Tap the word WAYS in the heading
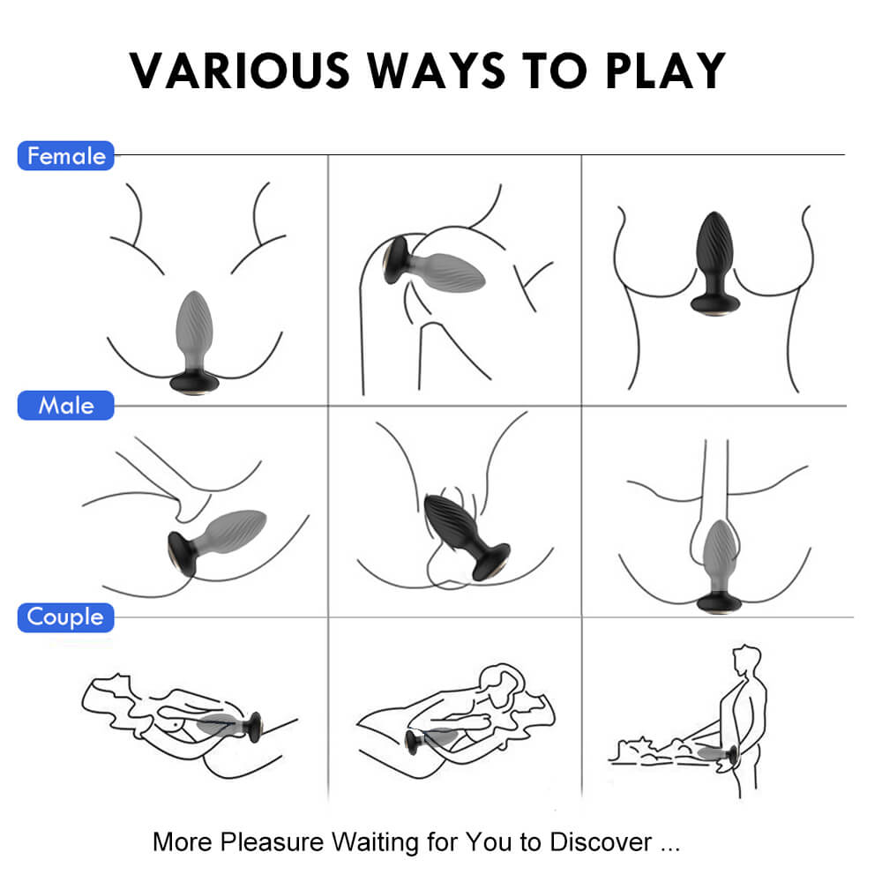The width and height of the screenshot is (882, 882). (437, 71)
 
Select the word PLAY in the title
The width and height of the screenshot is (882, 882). (666, 71)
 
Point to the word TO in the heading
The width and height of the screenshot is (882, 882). (555, 71)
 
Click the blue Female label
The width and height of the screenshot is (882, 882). (66, 156)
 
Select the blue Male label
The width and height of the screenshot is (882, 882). (66, 406)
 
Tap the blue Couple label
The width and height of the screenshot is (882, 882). (66, 617)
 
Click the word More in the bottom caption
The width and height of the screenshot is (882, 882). (183, 842)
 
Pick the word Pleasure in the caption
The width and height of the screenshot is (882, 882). (272, 842)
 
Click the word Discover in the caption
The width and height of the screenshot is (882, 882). (601, 842)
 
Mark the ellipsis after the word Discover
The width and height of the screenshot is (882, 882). (670, 850)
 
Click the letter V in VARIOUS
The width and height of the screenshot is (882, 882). (147, 71)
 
